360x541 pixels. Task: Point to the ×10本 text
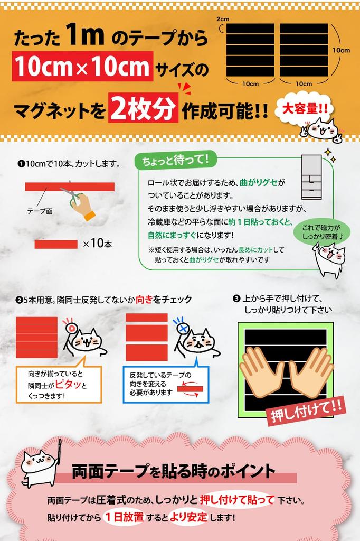coord(97,244)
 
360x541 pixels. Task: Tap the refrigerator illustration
coord(311,177)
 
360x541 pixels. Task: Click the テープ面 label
coord(40,211)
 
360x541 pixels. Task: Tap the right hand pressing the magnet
coord(311,371)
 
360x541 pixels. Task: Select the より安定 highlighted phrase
coord(189,517)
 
